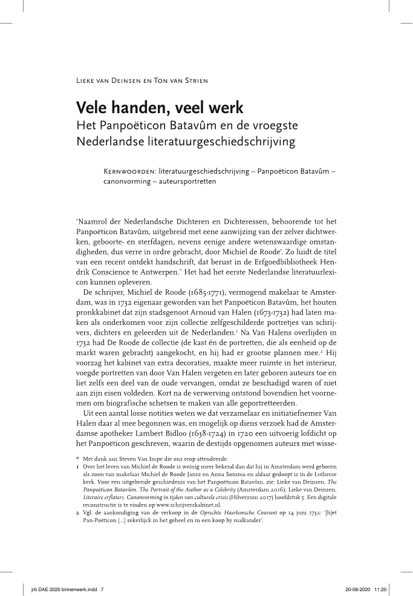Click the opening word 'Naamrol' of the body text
coord(96,223)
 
